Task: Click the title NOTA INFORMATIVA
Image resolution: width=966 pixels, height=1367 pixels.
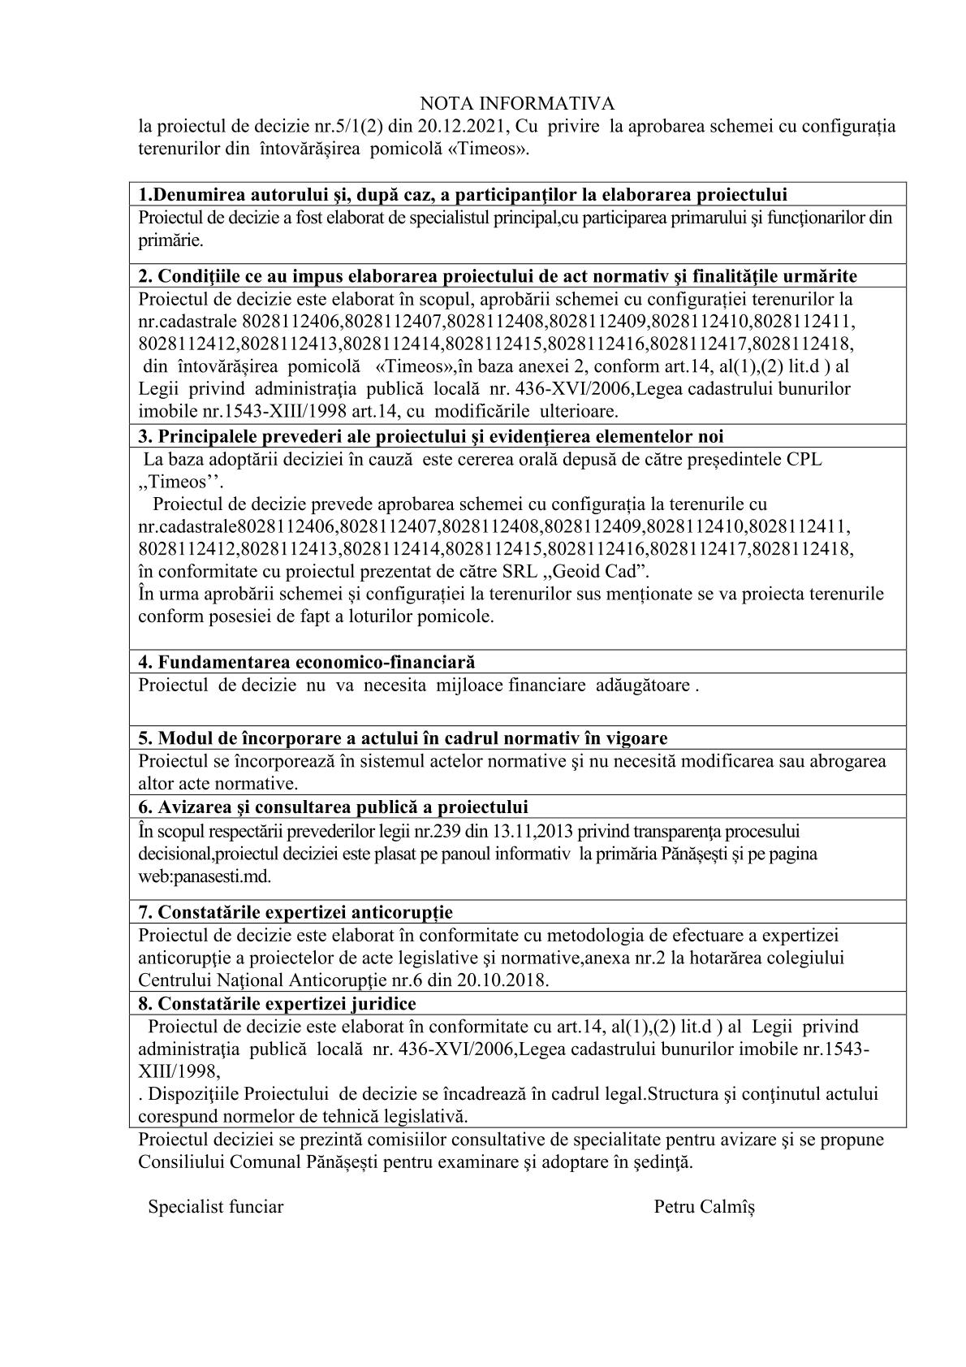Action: (x=517, y=103)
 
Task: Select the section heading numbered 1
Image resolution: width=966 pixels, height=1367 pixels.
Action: (x=463, y=195)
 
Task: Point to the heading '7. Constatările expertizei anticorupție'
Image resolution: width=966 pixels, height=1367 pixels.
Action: (x=295, y=911)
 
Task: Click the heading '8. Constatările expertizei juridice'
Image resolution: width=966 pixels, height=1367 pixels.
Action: (x=277, y=1003)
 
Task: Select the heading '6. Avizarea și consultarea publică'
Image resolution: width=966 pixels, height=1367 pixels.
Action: (x=333, y=807)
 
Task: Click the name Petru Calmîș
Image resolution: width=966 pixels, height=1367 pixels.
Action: (x=704, y=1207)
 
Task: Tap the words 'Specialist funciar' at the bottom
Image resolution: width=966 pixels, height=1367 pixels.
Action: (x=215, y=1207)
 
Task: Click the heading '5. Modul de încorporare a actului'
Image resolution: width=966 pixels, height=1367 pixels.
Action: (x=403, y=738)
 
